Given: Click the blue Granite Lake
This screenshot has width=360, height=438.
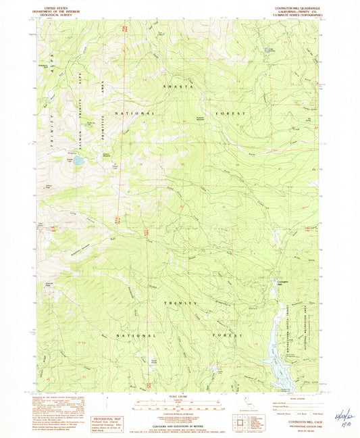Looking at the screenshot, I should click(78, 161).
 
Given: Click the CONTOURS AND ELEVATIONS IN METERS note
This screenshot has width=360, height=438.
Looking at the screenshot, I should click(180, 417).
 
